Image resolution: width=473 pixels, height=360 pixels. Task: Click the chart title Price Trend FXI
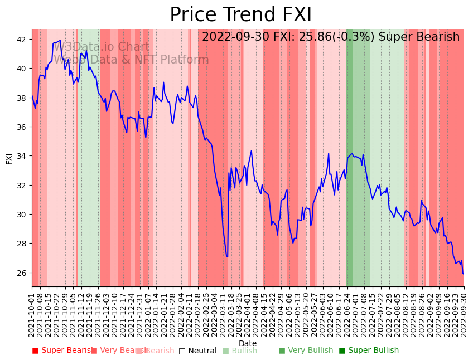[240, 15]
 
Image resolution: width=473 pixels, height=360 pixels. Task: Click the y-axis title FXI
[9, 158]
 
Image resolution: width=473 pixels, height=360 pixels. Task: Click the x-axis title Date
[248, 343]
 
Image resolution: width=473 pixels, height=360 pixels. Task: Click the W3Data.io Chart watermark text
[102, 47]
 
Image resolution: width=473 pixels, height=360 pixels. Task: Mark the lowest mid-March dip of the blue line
[227, 257]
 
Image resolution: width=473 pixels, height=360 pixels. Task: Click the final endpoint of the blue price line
[464, 274]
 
